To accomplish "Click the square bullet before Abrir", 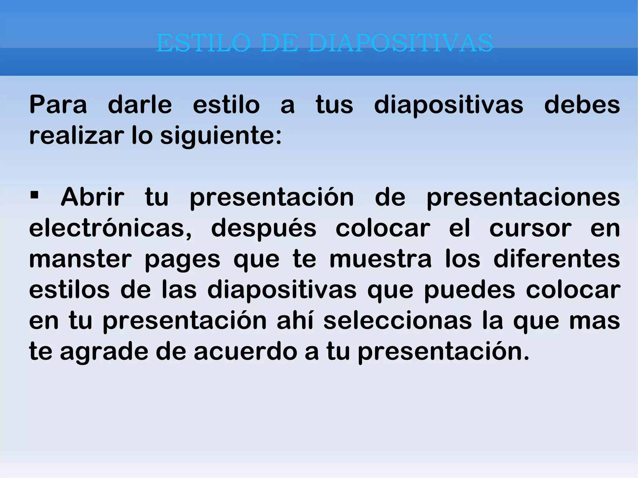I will pos(34,196).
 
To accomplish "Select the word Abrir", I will pos(93,197).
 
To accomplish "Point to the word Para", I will pos(58,105).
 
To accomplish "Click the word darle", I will pos(140,105).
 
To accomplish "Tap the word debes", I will pos(582,105).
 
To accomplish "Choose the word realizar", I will pos(75,136).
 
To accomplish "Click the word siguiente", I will pos(221,136).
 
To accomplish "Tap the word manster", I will pos(80,259).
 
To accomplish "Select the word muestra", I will pos(380,259).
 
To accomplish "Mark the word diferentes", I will pos(557,259).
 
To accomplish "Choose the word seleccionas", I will pos(398,321).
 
